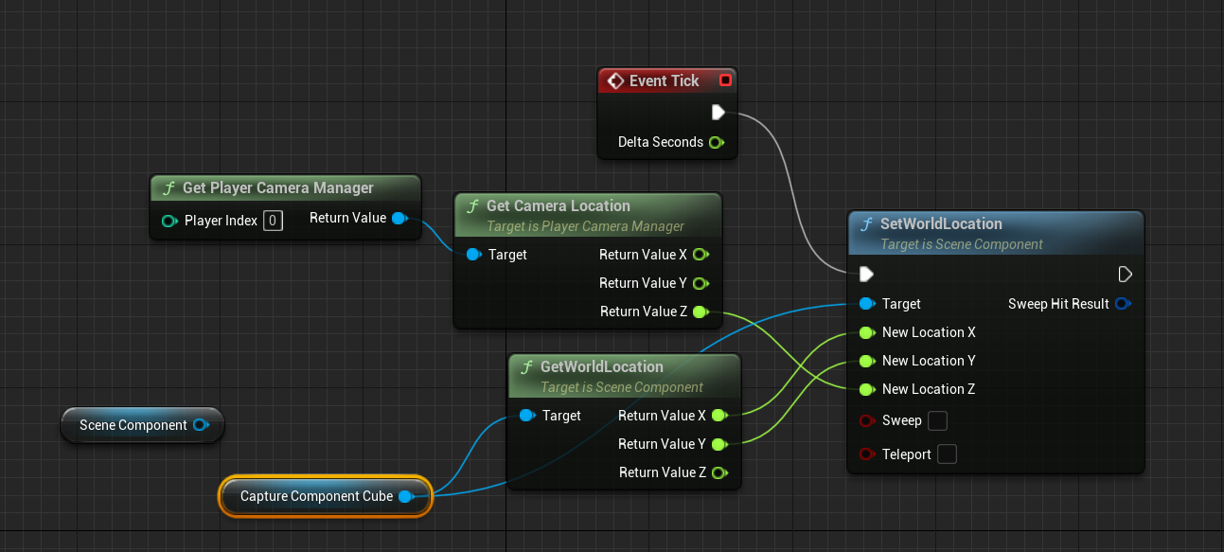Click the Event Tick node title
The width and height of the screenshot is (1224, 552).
click(x=664, y=80)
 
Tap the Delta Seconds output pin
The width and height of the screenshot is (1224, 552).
click(x=716, y=142)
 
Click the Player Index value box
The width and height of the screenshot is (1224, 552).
click(x=272, y=221)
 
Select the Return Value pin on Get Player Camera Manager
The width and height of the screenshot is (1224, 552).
click(x=399, y=219)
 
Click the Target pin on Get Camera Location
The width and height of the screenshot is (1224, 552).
click(x=473, y=255)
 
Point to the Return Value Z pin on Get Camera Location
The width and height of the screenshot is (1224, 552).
click(x=700, y=312)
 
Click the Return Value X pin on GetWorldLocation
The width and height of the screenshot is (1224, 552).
click(x=718, y=415)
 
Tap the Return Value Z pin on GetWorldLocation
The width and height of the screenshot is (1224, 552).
click(x=718, y=472)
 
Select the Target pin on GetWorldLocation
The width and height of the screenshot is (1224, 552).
click(x=527, y=416)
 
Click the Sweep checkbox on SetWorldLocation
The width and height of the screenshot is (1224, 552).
click(x=937, y=420)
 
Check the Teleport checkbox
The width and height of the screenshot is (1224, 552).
click(x=946, y=454)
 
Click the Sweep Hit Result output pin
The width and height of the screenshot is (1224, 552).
click(x=1123, y=304)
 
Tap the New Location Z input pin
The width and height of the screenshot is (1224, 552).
click(x=866, y=389)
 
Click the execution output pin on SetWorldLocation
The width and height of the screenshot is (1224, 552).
click(x=1125, y=275)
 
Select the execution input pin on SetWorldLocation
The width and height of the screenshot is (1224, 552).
click(x=866, y=275)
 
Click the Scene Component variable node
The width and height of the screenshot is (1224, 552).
click(x=133, y=425)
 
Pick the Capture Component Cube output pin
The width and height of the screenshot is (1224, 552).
click(x=405, y=496)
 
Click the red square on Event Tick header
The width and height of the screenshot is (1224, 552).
click(x=725, y=80)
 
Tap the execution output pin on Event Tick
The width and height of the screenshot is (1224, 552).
click(x=718, y=113)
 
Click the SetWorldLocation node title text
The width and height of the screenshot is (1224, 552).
click(x=940, y=223)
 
